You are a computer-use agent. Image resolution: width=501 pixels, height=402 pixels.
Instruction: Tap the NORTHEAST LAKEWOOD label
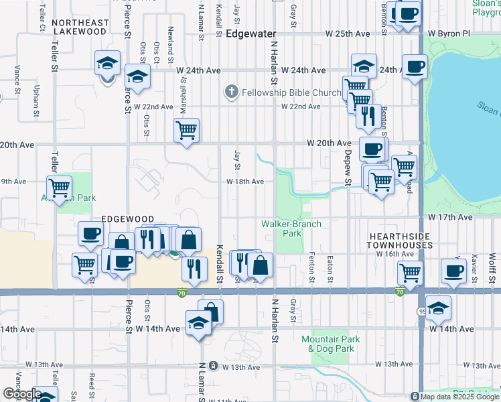[x=80, y=27]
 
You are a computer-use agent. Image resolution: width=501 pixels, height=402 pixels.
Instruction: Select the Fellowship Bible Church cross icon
[x=231, y=91]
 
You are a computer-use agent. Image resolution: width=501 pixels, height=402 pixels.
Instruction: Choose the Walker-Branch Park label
[x=291, y=228]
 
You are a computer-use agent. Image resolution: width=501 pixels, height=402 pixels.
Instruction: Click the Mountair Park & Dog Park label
[x=330, y=344]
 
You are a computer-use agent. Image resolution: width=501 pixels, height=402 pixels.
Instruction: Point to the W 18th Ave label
[x=244, y=182]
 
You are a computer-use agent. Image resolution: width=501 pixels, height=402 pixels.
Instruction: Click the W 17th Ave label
[x=451, y=217]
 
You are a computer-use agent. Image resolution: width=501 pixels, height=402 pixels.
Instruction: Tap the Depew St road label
[x=348, y=172]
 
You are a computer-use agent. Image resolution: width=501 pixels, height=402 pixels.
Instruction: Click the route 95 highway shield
[x=421, y=310]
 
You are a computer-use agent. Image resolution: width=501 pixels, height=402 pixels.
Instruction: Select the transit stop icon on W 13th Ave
[x=213, y=366]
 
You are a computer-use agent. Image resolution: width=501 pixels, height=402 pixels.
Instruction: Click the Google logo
[x=21, y=394]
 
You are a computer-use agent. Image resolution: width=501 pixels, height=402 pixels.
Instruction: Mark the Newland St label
[x=171, y=40]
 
